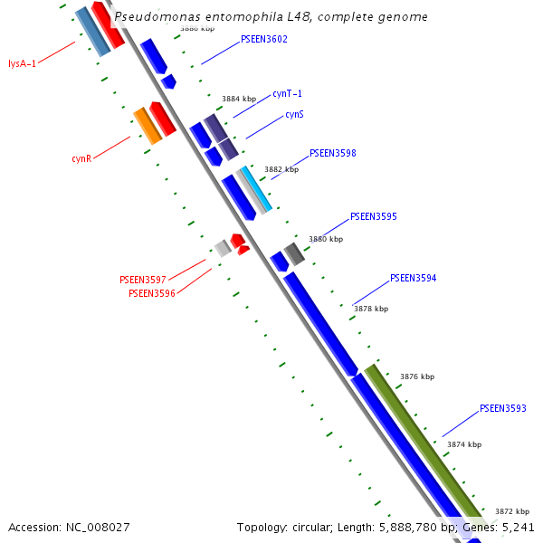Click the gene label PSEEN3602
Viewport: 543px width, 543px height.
click(264, 40)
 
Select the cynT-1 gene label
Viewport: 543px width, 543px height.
click(287, 94)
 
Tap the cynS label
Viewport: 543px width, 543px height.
click(294, 115)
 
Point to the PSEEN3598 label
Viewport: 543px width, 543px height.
click(332, 154)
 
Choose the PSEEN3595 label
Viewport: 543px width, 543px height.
click(373, 217)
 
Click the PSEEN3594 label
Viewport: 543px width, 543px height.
click(413, 279)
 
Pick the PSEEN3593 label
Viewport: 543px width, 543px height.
click(502, 409)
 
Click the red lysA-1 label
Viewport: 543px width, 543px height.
click(22, 63)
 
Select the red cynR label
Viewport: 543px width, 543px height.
click(81, 159)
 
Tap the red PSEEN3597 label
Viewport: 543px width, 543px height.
click(142, 281)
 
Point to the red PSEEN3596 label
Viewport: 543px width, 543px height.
click(151, 293)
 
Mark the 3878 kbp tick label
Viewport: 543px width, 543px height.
click(370, 309)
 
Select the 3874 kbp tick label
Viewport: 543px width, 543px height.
click(463, 444)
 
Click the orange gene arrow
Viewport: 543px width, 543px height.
click(148, 126)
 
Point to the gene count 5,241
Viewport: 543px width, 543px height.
click(517, 527)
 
